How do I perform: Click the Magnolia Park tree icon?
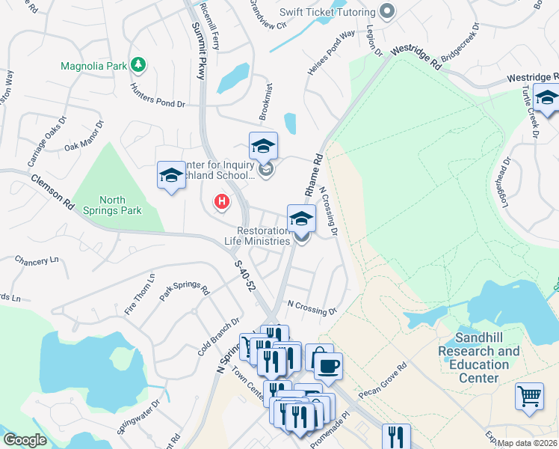138,65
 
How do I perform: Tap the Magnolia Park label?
94,66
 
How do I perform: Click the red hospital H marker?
221,201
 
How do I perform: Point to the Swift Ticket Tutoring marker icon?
386,11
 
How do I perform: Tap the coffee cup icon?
327,366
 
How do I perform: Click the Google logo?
25,440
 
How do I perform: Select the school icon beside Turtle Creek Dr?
547,99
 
